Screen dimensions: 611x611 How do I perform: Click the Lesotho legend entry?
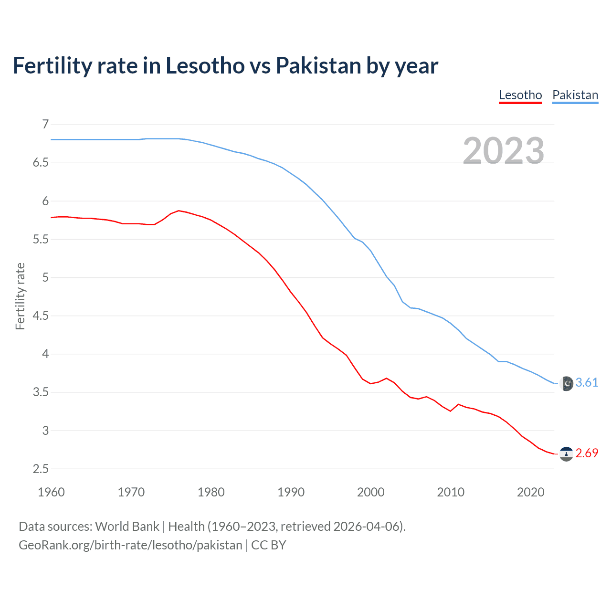(x=520, y=95)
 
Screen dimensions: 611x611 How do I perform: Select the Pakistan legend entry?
(x=575, y=95)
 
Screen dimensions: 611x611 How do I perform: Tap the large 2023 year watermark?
(x=504, y=151)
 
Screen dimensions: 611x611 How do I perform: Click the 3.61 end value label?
(x=587, y=383)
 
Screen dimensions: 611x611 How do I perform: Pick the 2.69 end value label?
(x=587, y=453)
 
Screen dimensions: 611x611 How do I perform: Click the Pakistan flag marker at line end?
(x=566, y=383)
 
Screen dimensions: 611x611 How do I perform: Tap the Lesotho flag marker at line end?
(x=566, y=453)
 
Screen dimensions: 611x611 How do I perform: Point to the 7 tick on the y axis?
(x=45, y=125)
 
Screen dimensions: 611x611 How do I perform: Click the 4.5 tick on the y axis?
(x=41, y=316)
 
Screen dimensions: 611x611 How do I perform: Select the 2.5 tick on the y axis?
(x=41, y=469)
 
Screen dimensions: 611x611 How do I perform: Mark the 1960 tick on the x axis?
(x=51, y=492)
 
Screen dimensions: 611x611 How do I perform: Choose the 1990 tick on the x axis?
(x=291, y=492)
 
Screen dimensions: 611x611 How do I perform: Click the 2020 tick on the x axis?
(x=530, y=492)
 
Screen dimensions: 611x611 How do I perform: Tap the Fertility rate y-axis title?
(x=20, y=296)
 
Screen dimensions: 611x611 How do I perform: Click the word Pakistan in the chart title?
(x=318, y=66)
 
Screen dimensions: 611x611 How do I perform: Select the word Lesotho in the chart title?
(x=205, y=66)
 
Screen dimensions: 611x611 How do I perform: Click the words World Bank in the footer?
(x=127, y=527)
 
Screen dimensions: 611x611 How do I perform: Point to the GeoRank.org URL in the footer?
(x=130, y=545)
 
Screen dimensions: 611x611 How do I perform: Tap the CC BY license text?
(x=269, y=545)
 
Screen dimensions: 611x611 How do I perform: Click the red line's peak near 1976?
(x=179, y=211)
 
